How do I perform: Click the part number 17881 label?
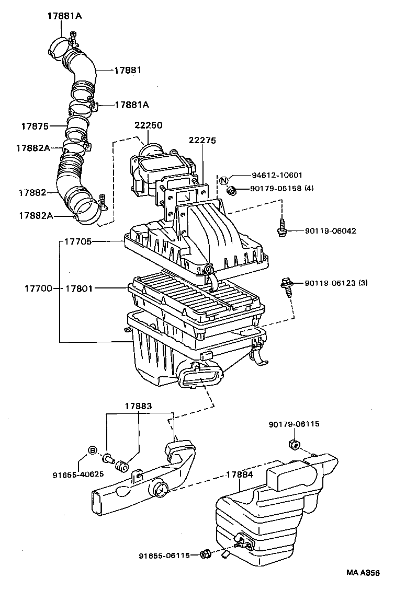pyautogui.click(x=128, y=70)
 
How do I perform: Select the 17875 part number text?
pyautogui.click(x=35, y=126)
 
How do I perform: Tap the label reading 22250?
pyautogui.click(x=148, y=125)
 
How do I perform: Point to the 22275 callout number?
pyautogui.click(x=202, y=141)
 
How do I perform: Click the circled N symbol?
pyautogui.click(x=224, y=181)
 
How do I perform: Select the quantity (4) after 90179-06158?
pyautogui.click(x=309, y=188)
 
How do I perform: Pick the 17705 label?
pyautogui.click(x=78, y=242)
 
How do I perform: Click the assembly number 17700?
pyautogui.click(x=38, y=288)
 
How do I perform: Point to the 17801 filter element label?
pyautogui.click(x=79, y=288)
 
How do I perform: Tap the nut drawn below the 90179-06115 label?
pyautogui.click(x=294, y=445)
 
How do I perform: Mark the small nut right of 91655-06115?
pyautogui.click(x=206, y=554)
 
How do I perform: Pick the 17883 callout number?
pyautogui.click(x=139, y=406)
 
